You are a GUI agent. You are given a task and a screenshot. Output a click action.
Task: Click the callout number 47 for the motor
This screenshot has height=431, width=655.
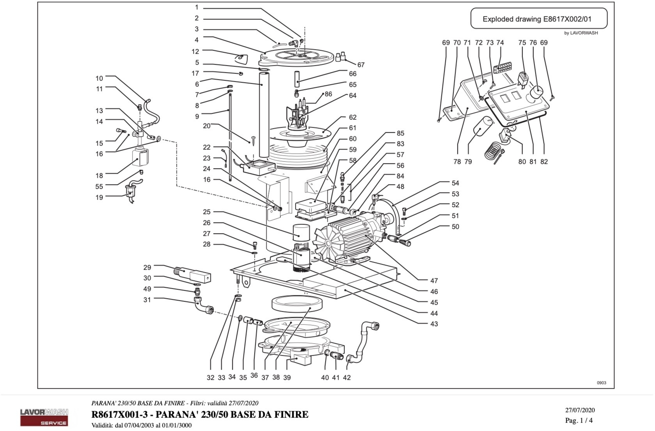click(434, 281)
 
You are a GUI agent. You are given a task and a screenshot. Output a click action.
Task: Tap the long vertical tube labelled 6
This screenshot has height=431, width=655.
click(264, 116)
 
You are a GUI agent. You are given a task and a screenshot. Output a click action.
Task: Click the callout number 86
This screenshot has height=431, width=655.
click(328, 94)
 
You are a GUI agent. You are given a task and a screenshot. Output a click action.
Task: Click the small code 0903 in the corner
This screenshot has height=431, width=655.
click(601, 383)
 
